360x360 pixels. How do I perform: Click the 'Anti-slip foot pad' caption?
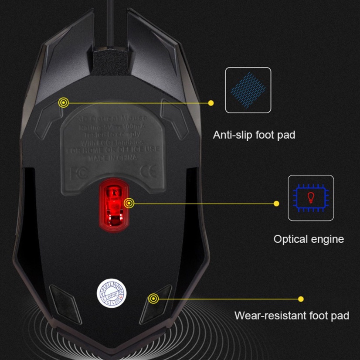point(254,135)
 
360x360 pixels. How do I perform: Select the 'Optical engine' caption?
point(309,239)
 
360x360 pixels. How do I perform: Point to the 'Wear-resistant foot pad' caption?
point(292,316)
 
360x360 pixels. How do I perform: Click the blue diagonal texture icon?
point(248,90)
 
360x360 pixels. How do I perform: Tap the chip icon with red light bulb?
point(311,198)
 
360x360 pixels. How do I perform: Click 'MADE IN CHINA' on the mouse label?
point(113,158)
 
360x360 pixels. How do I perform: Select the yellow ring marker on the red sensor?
point(129,203)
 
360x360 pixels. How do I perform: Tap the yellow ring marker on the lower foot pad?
point(153,299)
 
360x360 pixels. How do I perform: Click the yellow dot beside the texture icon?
point(211,103)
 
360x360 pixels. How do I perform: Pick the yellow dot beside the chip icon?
point(276,203)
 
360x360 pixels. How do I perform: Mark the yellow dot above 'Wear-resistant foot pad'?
point(300,299)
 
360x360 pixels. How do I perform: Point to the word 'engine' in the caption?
point(328,239)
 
